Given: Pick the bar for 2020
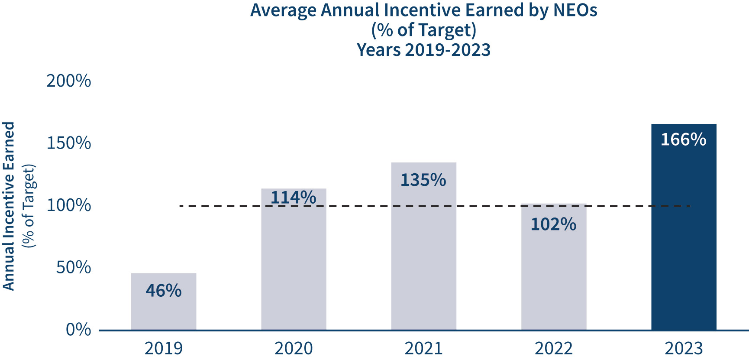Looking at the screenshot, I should point(294,269).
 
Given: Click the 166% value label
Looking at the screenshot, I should point(683,139).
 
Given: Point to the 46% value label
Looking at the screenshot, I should point(164,290).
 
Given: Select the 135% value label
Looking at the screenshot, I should point(423,180).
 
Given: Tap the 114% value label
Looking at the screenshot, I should point(293,197).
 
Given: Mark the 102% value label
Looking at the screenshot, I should point(553,224).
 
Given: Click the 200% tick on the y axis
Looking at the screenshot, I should point(69,81).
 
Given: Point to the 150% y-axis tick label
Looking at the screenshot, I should point(69,143).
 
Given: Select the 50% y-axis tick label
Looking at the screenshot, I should point(74,267).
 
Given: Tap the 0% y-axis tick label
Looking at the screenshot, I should point(78,330).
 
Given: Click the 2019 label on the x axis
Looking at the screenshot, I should point(164,348).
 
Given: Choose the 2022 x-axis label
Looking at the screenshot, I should point(553,348).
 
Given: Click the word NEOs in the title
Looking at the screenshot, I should point(575,10).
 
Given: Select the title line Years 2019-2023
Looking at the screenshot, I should point(423,50).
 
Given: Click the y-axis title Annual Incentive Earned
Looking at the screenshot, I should point(9,206).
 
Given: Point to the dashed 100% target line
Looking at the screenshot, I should point(476,206).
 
